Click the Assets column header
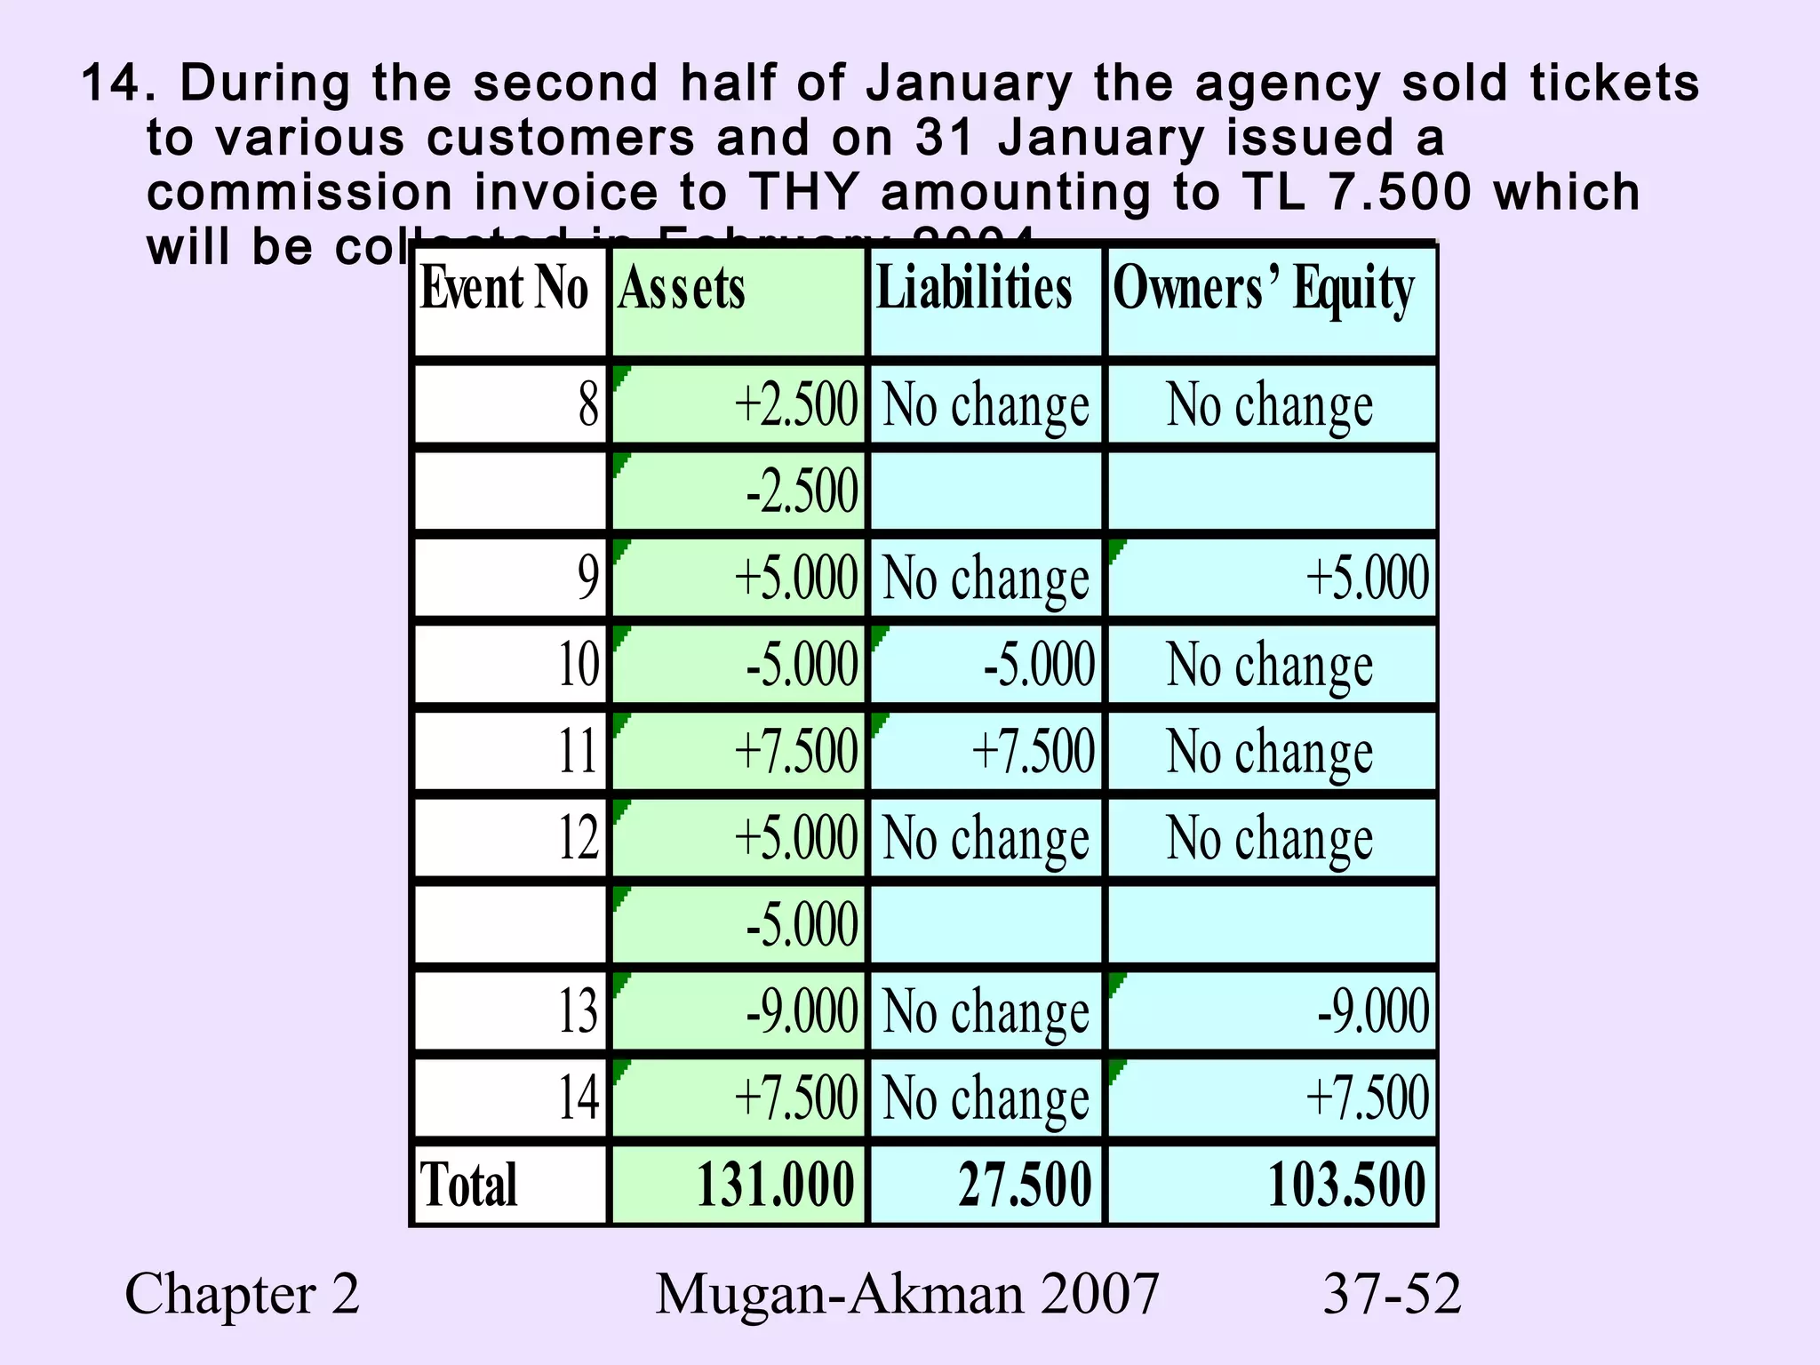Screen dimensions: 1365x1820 pos(682,290)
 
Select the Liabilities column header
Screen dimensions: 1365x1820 pos(974,290)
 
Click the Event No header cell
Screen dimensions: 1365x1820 pos(504,290)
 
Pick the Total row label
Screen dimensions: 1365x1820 pos(468,1185)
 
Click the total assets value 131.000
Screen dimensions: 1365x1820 pos(774,1185)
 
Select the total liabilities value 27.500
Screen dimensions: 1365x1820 pos(1025,1185)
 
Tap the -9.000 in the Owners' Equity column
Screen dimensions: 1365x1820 pos(1373,1011)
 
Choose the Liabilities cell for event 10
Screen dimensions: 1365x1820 pos(1039,665)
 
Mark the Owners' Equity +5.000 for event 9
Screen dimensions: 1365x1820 pos(1367,578)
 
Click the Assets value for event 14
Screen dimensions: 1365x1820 pos(795,1098)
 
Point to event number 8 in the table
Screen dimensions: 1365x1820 pos(588,404)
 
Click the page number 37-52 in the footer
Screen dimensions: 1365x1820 pos(1392,1294)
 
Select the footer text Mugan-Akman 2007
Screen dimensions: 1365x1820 pos(906,1294)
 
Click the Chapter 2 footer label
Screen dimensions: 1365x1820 pos(242,1294)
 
